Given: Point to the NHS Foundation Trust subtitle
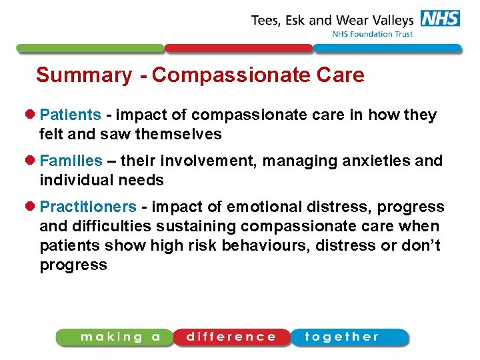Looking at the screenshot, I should (373, 35).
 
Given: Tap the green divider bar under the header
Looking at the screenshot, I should (90, 49).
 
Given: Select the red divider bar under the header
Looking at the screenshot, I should (238, 49).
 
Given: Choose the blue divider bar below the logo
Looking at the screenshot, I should (387, 49).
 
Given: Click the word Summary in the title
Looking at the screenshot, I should (83, 75).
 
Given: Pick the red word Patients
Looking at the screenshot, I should (70, 115).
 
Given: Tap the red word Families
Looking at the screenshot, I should (71, 161).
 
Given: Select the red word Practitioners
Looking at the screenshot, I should (88, 207).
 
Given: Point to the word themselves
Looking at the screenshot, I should (178, 134).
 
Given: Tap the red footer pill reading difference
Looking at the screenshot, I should (231, 337).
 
